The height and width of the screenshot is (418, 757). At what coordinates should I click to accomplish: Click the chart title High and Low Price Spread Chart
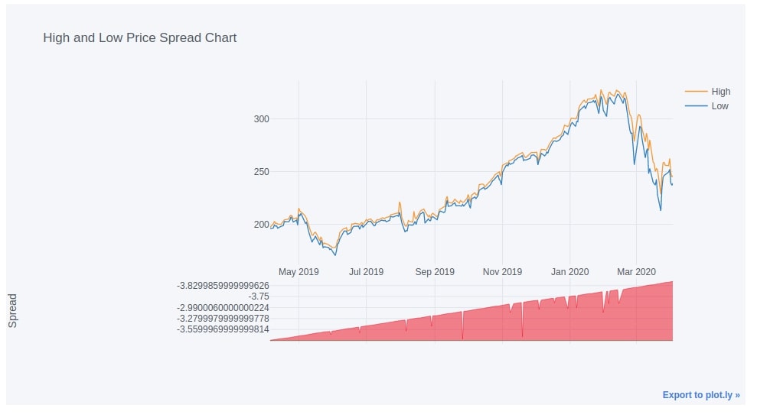point(139,37)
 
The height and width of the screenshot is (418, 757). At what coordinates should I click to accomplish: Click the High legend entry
point(720,92)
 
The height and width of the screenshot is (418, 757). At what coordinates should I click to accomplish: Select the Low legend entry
point(719,106)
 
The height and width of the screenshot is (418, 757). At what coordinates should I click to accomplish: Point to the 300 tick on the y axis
point(261,119)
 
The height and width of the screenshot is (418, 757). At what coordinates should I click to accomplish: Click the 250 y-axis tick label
point(261,172)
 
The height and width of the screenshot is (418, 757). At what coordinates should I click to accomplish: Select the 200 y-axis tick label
point(261,225)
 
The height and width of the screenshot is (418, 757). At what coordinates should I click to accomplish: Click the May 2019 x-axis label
point(299,272)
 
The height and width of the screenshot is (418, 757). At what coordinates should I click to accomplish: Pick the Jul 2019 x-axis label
point(366,272)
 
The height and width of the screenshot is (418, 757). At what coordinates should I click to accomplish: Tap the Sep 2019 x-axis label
point(434,272)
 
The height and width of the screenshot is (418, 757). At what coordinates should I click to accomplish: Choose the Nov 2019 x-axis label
point(502,272)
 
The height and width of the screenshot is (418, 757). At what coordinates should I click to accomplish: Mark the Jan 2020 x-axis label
point(569,272)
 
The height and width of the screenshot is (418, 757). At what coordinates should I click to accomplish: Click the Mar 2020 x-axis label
point(636,272)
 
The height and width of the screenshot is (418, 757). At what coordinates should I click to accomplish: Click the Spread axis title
point(13,312)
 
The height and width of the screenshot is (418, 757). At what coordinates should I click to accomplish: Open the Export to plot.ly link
point(701,395)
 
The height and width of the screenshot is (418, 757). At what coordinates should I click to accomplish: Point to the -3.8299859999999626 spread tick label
point(223,286)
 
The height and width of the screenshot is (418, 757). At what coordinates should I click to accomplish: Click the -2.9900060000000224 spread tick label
point(223,307)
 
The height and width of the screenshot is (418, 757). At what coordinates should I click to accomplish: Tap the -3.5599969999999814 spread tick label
point(223,329)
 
